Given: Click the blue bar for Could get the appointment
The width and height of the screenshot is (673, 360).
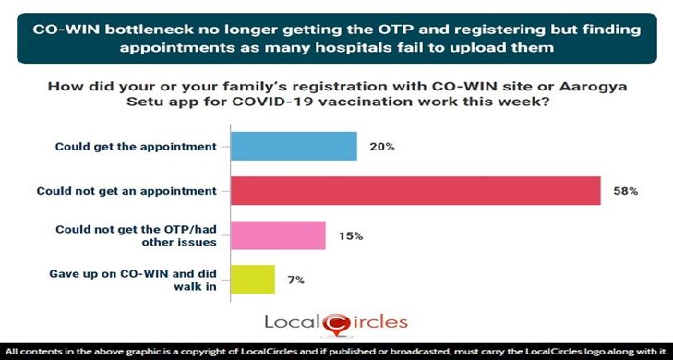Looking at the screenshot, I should coord(293,146).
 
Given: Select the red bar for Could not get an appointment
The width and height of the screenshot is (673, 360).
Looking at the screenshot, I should coord(415,191).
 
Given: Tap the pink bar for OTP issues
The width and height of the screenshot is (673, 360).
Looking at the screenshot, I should coord(277,235).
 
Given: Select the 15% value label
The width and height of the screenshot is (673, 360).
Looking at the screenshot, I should coord(351,235).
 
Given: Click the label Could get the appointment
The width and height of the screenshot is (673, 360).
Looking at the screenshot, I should coord(135,146).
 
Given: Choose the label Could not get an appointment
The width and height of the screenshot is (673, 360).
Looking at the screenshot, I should coord(126,191).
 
